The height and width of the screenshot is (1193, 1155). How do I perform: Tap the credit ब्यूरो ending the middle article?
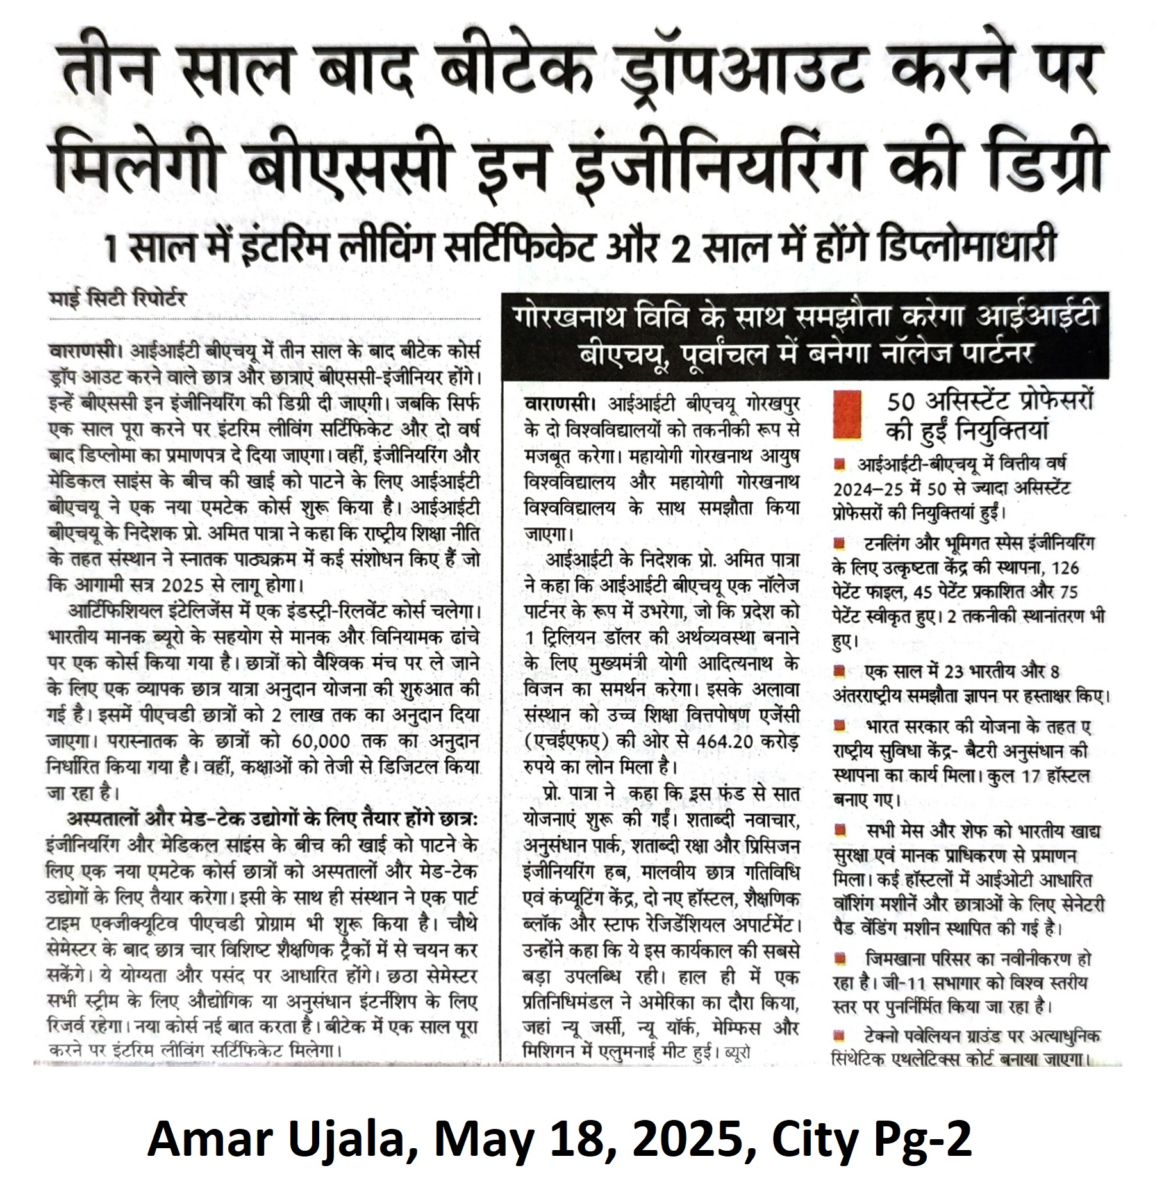click(736, 1052)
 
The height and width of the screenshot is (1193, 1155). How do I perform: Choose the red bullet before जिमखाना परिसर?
click(838, 959)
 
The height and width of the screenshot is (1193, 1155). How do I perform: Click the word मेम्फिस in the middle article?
click(736, 1028)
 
